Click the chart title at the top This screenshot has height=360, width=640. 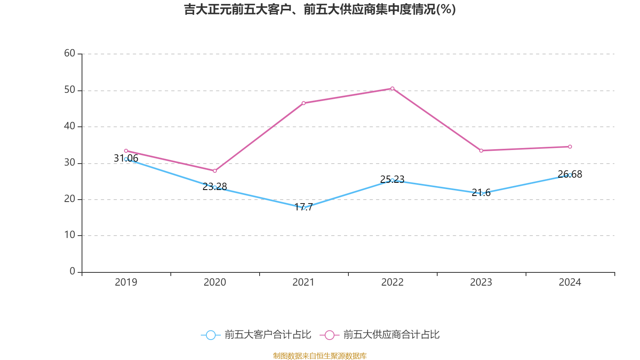[320, 9]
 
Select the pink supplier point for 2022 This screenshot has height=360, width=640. [392, 88]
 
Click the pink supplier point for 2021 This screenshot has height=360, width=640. [304, 103]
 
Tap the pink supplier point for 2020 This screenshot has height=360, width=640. [215, 171]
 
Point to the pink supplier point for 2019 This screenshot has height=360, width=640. [126, 151]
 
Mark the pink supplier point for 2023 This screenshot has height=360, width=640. [481, 150]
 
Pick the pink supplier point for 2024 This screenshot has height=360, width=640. [570, 146]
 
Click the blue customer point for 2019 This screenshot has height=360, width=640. [126, 159]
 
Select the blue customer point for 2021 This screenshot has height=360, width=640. [304, 208]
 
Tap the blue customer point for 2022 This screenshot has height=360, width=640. [392, 180]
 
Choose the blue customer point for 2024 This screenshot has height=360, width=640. [570, 175]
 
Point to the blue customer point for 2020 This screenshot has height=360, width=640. [215, 187]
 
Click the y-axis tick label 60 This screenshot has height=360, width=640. [70, 53]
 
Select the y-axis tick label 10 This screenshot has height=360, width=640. [70, 235]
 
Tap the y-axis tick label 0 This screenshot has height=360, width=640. [72, 271]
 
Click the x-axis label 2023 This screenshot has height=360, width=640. [481, 282]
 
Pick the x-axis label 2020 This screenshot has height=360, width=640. [215, 282]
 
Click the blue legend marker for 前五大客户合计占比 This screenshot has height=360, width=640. [210, 335]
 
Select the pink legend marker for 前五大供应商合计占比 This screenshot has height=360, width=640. [330, 335]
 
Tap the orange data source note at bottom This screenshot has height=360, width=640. [320, 356]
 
